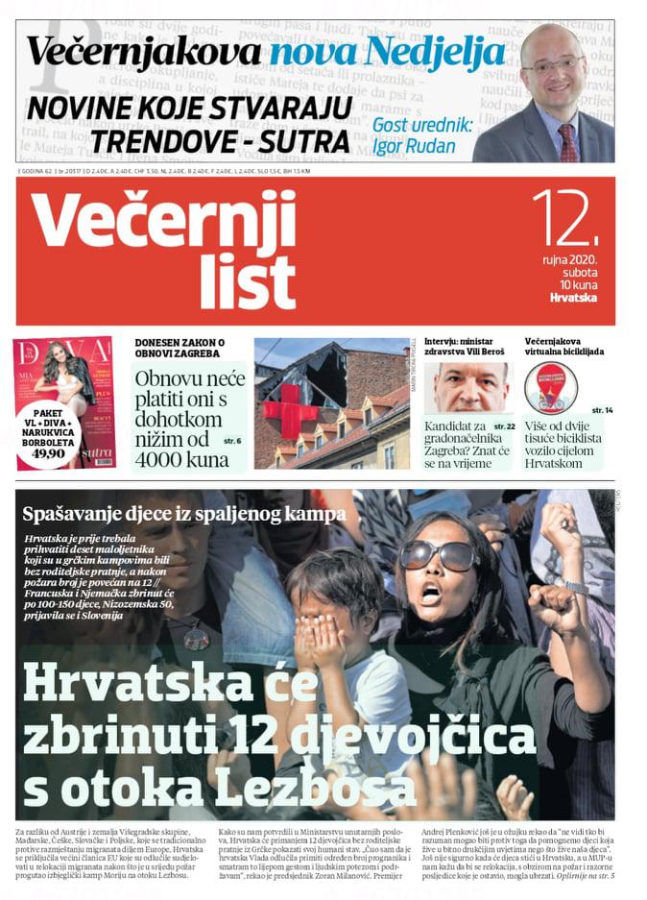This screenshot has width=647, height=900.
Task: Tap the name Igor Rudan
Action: tap(418, 148)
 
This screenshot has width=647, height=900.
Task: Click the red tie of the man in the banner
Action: tap(567, 141)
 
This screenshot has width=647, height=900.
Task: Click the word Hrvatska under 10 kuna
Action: tap(573, 298)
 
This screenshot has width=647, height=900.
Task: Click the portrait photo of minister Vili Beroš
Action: tap(470, 387)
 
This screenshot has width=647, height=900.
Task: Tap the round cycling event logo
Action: tap(551, 388)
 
